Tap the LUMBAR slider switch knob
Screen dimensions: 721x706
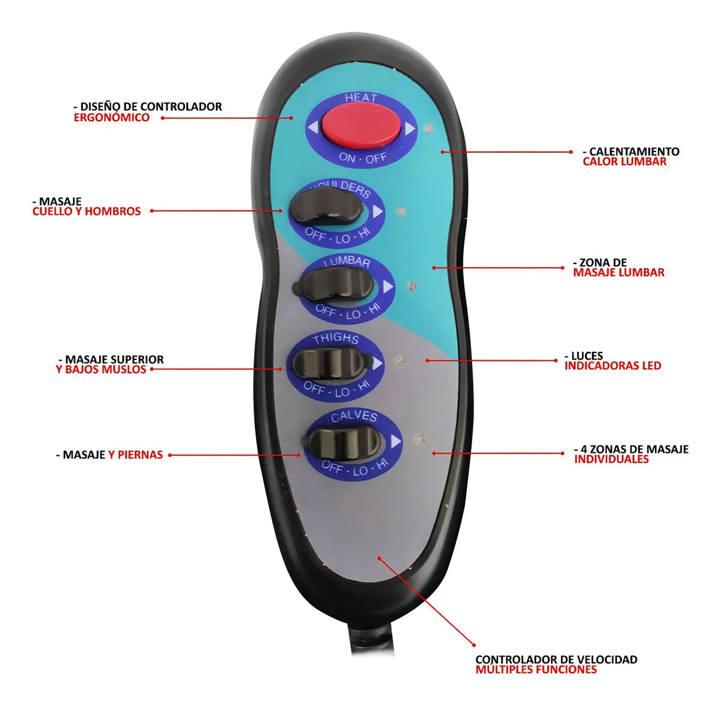[x=333, y=283]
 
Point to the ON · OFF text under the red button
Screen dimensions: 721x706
[x=362, y=158]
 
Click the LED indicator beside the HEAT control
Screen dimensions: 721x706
[x=428, y=129]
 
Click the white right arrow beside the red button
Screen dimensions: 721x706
[x=410, y=129]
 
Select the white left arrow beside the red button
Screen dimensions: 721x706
[x=314, y=127]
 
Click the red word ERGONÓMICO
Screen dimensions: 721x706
[x=112, y=117]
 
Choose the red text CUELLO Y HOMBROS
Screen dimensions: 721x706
[x=87, y=211]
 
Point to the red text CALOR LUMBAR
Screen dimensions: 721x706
[x=624, y=161]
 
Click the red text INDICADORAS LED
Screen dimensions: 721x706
[x=613, y=366]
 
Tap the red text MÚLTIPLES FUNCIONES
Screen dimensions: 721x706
[x=536, y=669]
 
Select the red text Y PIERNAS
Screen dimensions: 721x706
[x=136, y=455]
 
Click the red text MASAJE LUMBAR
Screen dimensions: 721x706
[x=619, y=272]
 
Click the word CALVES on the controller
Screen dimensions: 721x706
[x=354, y=417]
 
